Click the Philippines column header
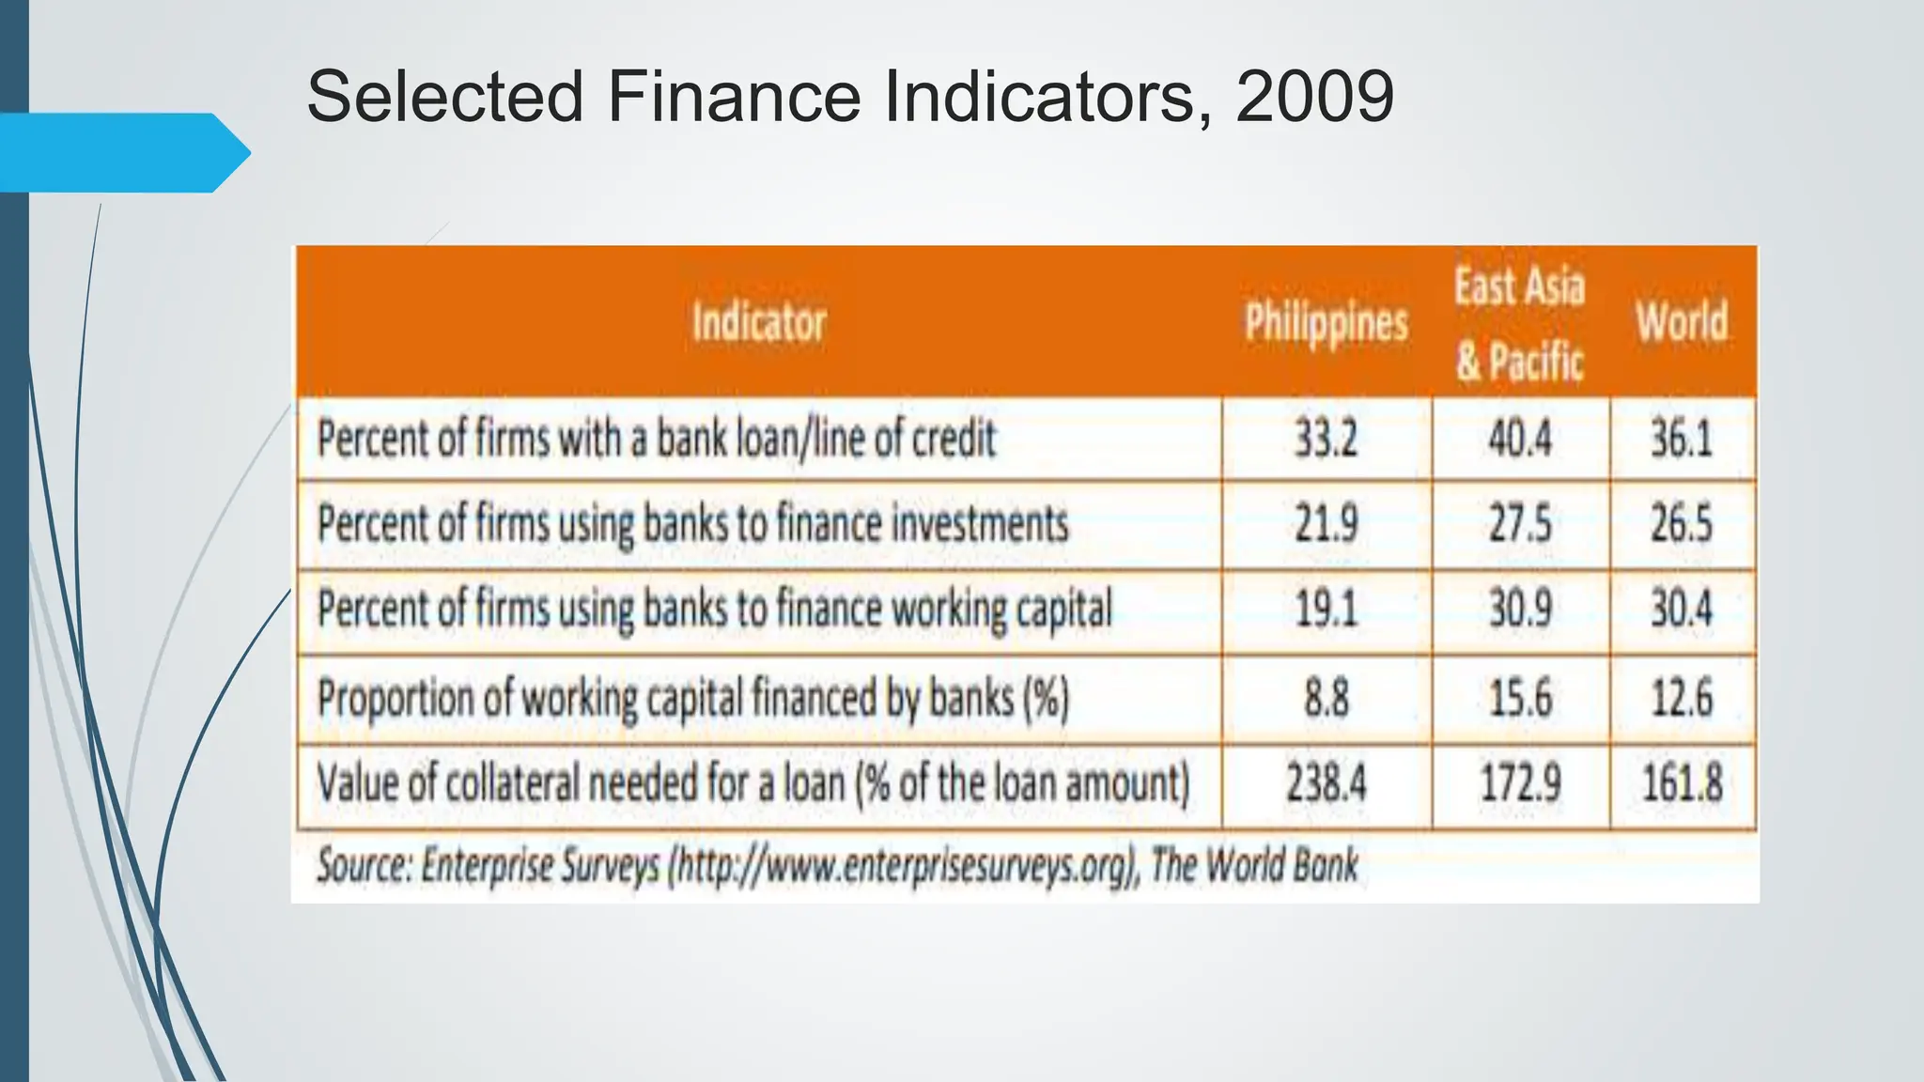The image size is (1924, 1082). [x=1326, y=323]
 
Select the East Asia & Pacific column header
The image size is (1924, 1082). [x=1519, y=323]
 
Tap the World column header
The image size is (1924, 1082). [x=1682, y=321]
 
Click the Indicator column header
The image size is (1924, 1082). [x=759, y=322]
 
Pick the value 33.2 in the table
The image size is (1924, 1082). [x=1326, y=439]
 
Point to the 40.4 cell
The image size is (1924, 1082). [x=1520, y=439]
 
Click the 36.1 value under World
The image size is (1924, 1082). [x=1682, y=439]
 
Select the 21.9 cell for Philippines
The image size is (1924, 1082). [x=1326, y=524]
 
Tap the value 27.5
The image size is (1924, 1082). [x=1520, y=524]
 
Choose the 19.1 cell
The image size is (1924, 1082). [x=1326, y=610]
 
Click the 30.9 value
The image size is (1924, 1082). [x=1520, y=610]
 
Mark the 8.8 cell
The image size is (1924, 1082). [x=1326, y=698]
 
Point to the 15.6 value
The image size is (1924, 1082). [x=1520, y=698]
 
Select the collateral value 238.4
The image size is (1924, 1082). [x=1326, y=783]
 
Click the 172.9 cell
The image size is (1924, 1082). [x=1520, y=783]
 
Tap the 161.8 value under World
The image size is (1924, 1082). [x=1682, y=783]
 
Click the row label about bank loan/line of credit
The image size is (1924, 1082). [x=656, y=439]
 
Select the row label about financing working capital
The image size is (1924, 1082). [x=714, y=610]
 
